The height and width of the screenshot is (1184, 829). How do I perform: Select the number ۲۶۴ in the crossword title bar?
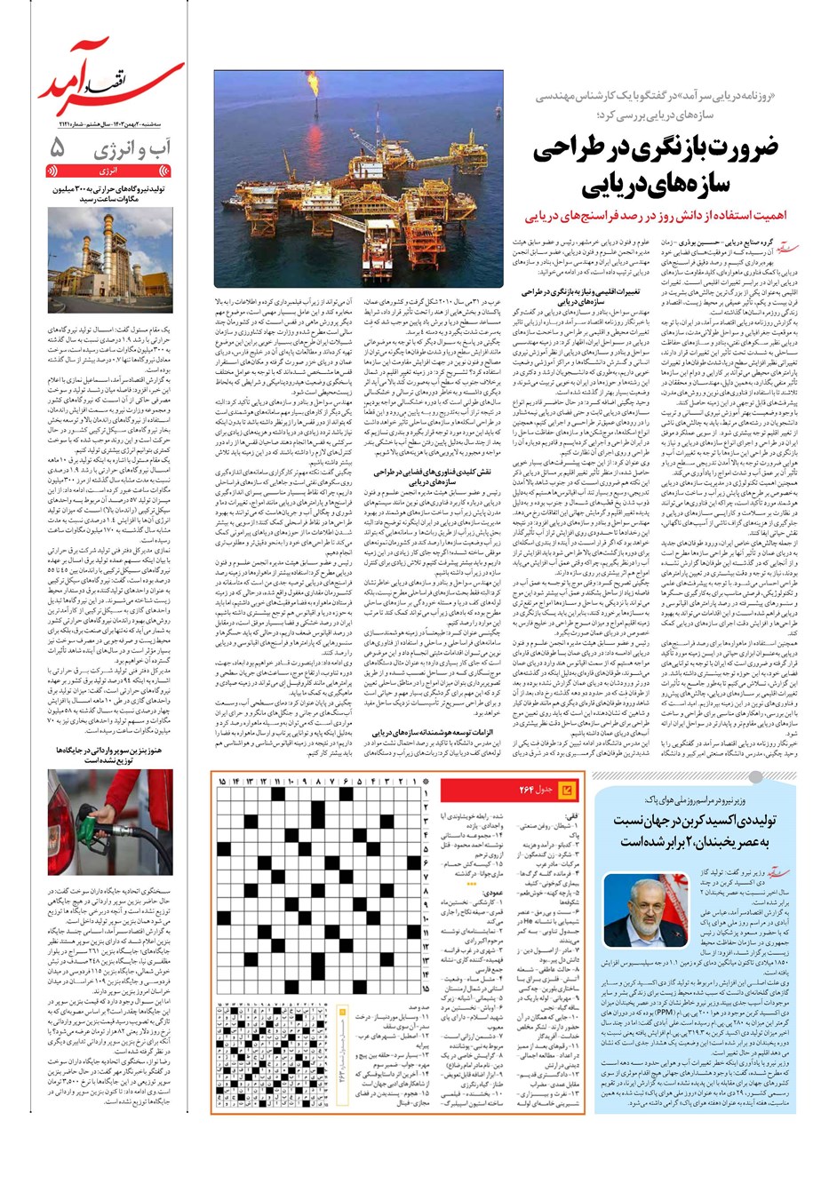click(527, 790)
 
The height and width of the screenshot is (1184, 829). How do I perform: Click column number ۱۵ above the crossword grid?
click(223, 781)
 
